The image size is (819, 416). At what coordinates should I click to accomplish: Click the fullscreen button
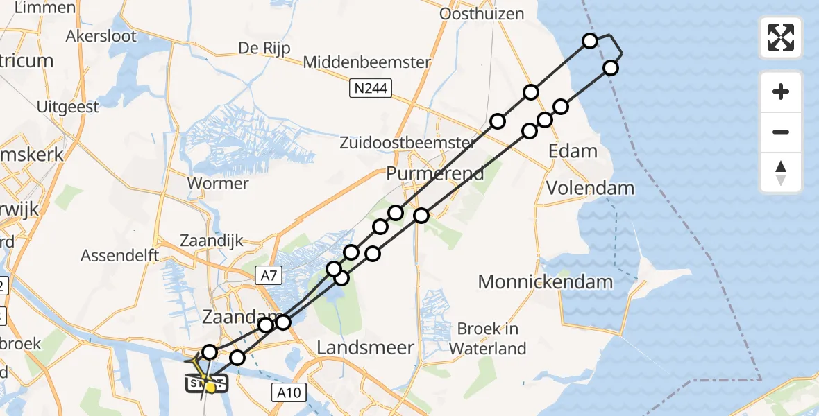coord(781,37)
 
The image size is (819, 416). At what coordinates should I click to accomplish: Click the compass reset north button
coord(781,173)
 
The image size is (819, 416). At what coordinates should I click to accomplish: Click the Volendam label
coord(590,188)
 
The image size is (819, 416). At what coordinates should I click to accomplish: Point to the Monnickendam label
coord(546,281)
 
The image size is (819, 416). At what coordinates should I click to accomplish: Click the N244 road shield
coord(370,88)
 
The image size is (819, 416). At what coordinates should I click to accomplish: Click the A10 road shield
coord(287,393)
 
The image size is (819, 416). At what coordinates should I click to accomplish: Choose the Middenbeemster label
coord(367,62)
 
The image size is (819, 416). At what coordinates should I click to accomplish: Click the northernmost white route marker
coord(590,40)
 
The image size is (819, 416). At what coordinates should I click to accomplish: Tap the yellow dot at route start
coord(210,387)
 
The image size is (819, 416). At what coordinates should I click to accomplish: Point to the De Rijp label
coord(264,48)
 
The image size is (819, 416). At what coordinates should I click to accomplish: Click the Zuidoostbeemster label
coord(407,144)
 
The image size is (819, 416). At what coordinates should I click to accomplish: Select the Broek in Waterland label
coord(488,338)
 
